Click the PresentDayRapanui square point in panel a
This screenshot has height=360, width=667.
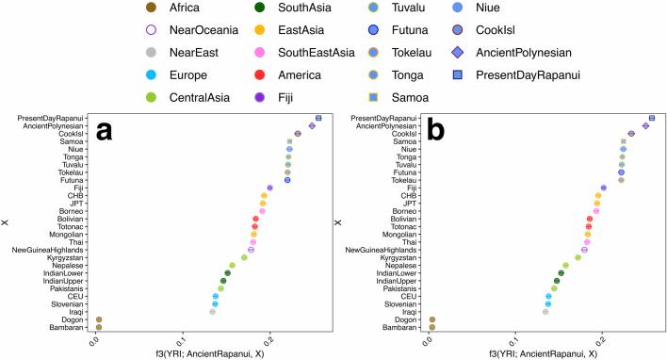coord(318,118)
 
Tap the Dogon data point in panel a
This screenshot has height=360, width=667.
coord(99,319)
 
